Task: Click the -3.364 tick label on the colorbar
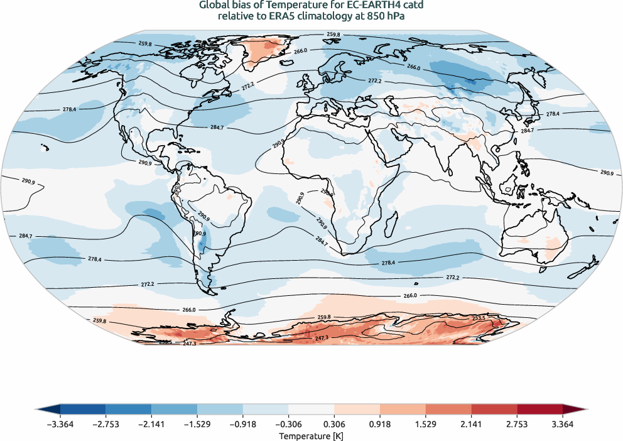60,424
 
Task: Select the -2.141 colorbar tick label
152,424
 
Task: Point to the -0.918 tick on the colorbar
243,424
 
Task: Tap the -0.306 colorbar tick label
289,424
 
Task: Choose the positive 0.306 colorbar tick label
335,424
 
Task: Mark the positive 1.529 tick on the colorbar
426,424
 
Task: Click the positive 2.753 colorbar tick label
517,424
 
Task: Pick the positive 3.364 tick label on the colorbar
563,424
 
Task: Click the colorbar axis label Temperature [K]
311,435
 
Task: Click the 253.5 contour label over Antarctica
479,318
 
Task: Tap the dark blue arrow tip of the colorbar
41,408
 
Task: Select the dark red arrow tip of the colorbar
582,408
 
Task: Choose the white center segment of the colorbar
311,408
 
